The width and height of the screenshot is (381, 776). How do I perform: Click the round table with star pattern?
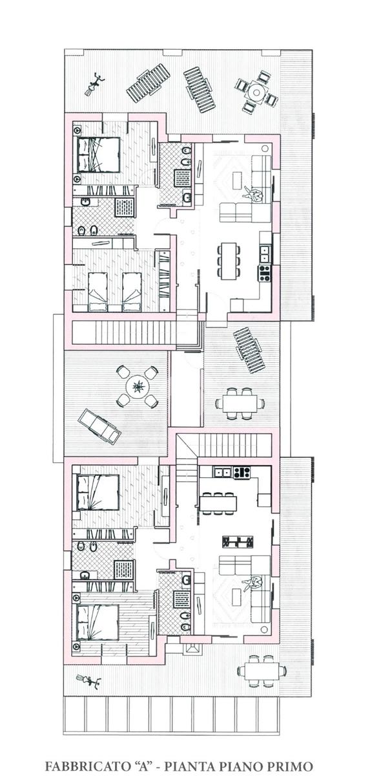[138, 386]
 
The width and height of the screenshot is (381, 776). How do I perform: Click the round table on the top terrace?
[256, 91]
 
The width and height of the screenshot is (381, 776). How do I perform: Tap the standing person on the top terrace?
[94, 84]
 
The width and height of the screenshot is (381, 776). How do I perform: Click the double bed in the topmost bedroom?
[98, 155]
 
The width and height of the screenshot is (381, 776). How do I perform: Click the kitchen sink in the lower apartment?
[223, 472]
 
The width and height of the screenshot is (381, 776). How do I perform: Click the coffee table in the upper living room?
[238, 180]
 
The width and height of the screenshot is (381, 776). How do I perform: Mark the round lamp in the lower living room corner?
[265, 629]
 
